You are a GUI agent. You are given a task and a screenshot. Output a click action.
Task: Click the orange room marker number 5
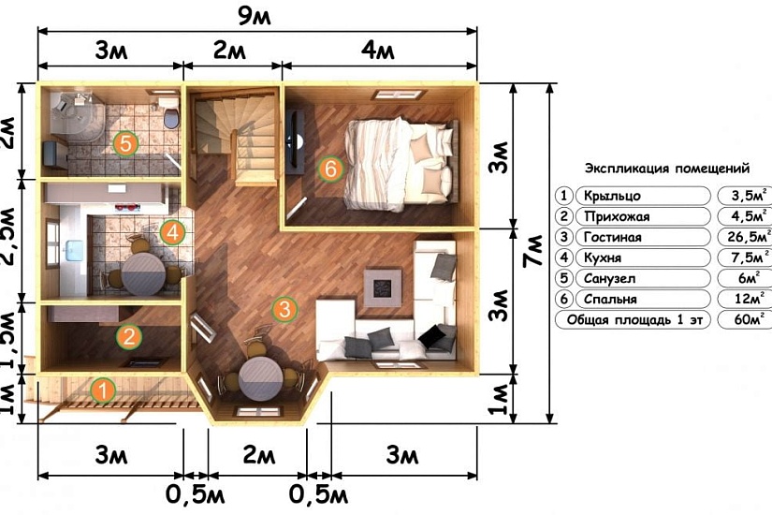click(x=125, y=144)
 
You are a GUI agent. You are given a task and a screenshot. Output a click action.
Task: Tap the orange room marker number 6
click(x=330, y=169)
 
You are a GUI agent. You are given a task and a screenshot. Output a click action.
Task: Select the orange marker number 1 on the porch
click(x=102, y=390)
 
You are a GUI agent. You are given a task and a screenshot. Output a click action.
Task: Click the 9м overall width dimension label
click(x=254, y=16)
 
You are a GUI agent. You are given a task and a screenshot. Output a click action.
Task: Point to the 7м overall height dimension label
click(x=533, y=251)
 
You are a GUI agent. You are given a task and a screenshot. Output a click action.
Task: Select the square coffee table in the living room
click(x=383, y=287)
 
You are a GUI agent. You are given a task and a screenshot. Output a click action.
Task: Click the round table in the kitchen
click(x=144, y=274)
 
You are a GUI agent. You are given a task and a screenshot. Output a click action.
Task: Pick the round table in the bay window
click(x=260, y=378)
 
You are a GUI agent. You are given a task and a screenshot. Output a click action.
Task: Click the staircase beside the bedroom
click(x=235, y=137)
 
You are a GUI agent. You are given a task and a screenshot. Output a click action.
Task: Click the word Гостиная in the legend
click(x=613, y=238)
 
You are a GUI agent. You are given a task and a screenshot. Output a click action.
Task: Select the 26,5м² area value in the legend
click(x=749, y=237)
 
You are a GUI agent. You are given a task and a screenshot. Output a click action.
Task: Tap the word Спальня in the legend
click(x=610, y=299)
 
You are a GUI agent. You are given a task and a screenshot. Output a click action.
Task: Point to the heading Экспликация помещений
click(x=667, y=169)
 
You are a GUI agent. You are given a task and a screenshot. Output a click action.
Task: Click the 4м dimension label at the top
click(x=378, y=50)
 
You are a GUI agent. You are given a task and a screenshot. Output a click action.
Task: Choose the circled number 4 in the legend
click(x=563, y=257)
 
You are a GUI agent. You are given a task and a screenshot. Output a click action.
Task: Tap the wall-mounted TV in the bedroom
click(x=295, y=142)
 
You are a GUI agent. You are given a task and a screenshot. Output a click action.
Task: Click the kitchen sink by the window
click(x=73, y=250)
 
